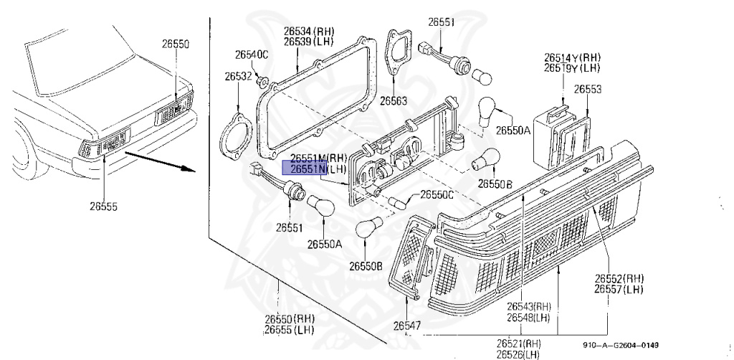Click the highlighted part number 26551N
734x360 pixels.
coord(305,169)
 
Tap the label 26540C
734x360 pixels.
coord(252,55)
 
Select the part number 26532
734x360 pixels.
coord(237,76)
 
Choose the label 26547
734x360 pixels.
coord(406,326)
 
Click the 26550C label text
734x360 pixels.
coord(437,194)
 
